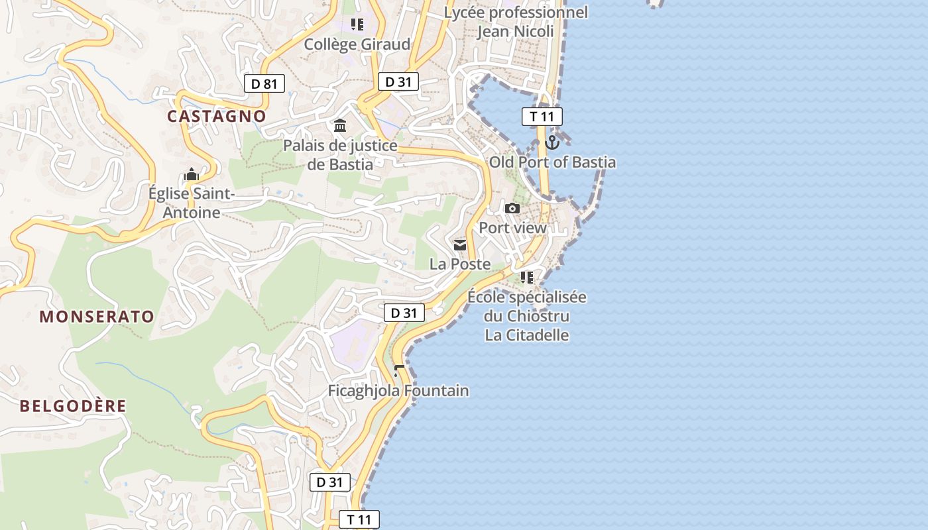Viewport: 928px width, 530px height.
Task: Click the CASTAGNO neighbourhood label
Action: pyautogui.click(x=216, y=117)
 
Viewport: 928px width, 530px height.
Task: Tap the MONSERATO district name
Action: pyautogui.click(x=97, y=317)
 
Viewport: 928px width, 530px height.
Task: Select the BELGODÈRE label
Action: pyautogui.click(x=73, y=406)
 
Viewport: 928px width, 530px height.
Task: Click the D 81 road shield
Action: pyautogui.click(x=264, y=83)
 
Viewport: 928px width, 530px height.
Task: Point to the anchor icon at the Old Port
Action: pyautogui.click(x=552, y=142)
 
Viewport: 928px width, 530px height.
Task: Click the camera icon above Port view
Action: pyautogui.click(x=512, y=209)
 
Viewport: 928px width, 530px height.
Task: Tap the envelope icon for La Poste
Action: pyautogui.click(x=460, y=245)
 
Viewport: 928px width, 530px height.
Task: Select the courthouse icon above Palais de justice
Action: pyautogui.click(x=340, y=126)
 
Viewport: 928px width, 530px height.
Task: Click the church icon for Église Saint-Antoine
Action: pyautogui.click(x=192, y=175)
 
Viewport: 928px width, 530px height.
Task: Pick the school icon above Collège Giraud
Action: pyautogui.click(x=357, y=25)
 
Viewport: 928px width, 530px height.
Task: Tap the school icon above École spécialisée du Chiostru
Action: pyautogui.click(x=527, y=277)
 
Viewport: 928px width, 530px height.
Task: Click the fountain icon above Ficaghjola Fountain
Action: pyautogui.click(x=398, y=371)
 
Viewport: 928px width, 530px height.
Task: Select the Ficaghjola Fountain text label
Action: pyautogui.click(x=398, y=391)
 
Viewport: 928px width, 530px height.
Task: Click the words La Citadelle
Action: pyautogui.click(x=527, y=335)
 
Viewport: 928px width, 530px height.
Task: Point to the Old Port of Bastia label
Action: pyautogui.click(x=552, y=162)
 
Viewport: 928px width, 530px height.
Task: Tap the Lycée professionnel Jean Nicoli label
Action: pyautogui.click(x=516, y=22)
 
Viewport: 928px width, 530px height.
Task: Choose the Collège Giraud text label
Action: pyautogui.click(x=357, y=44)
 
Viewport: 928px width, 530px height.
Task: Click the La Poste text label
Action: pyautogui.click(x=460, y=264)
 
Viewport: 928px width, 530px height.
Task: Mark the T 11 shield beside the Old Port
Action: pyautogui.click(x=542, y=117)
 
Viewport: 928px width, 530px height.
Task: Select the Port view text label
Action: pyautogui.click(x=512, y=228)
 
